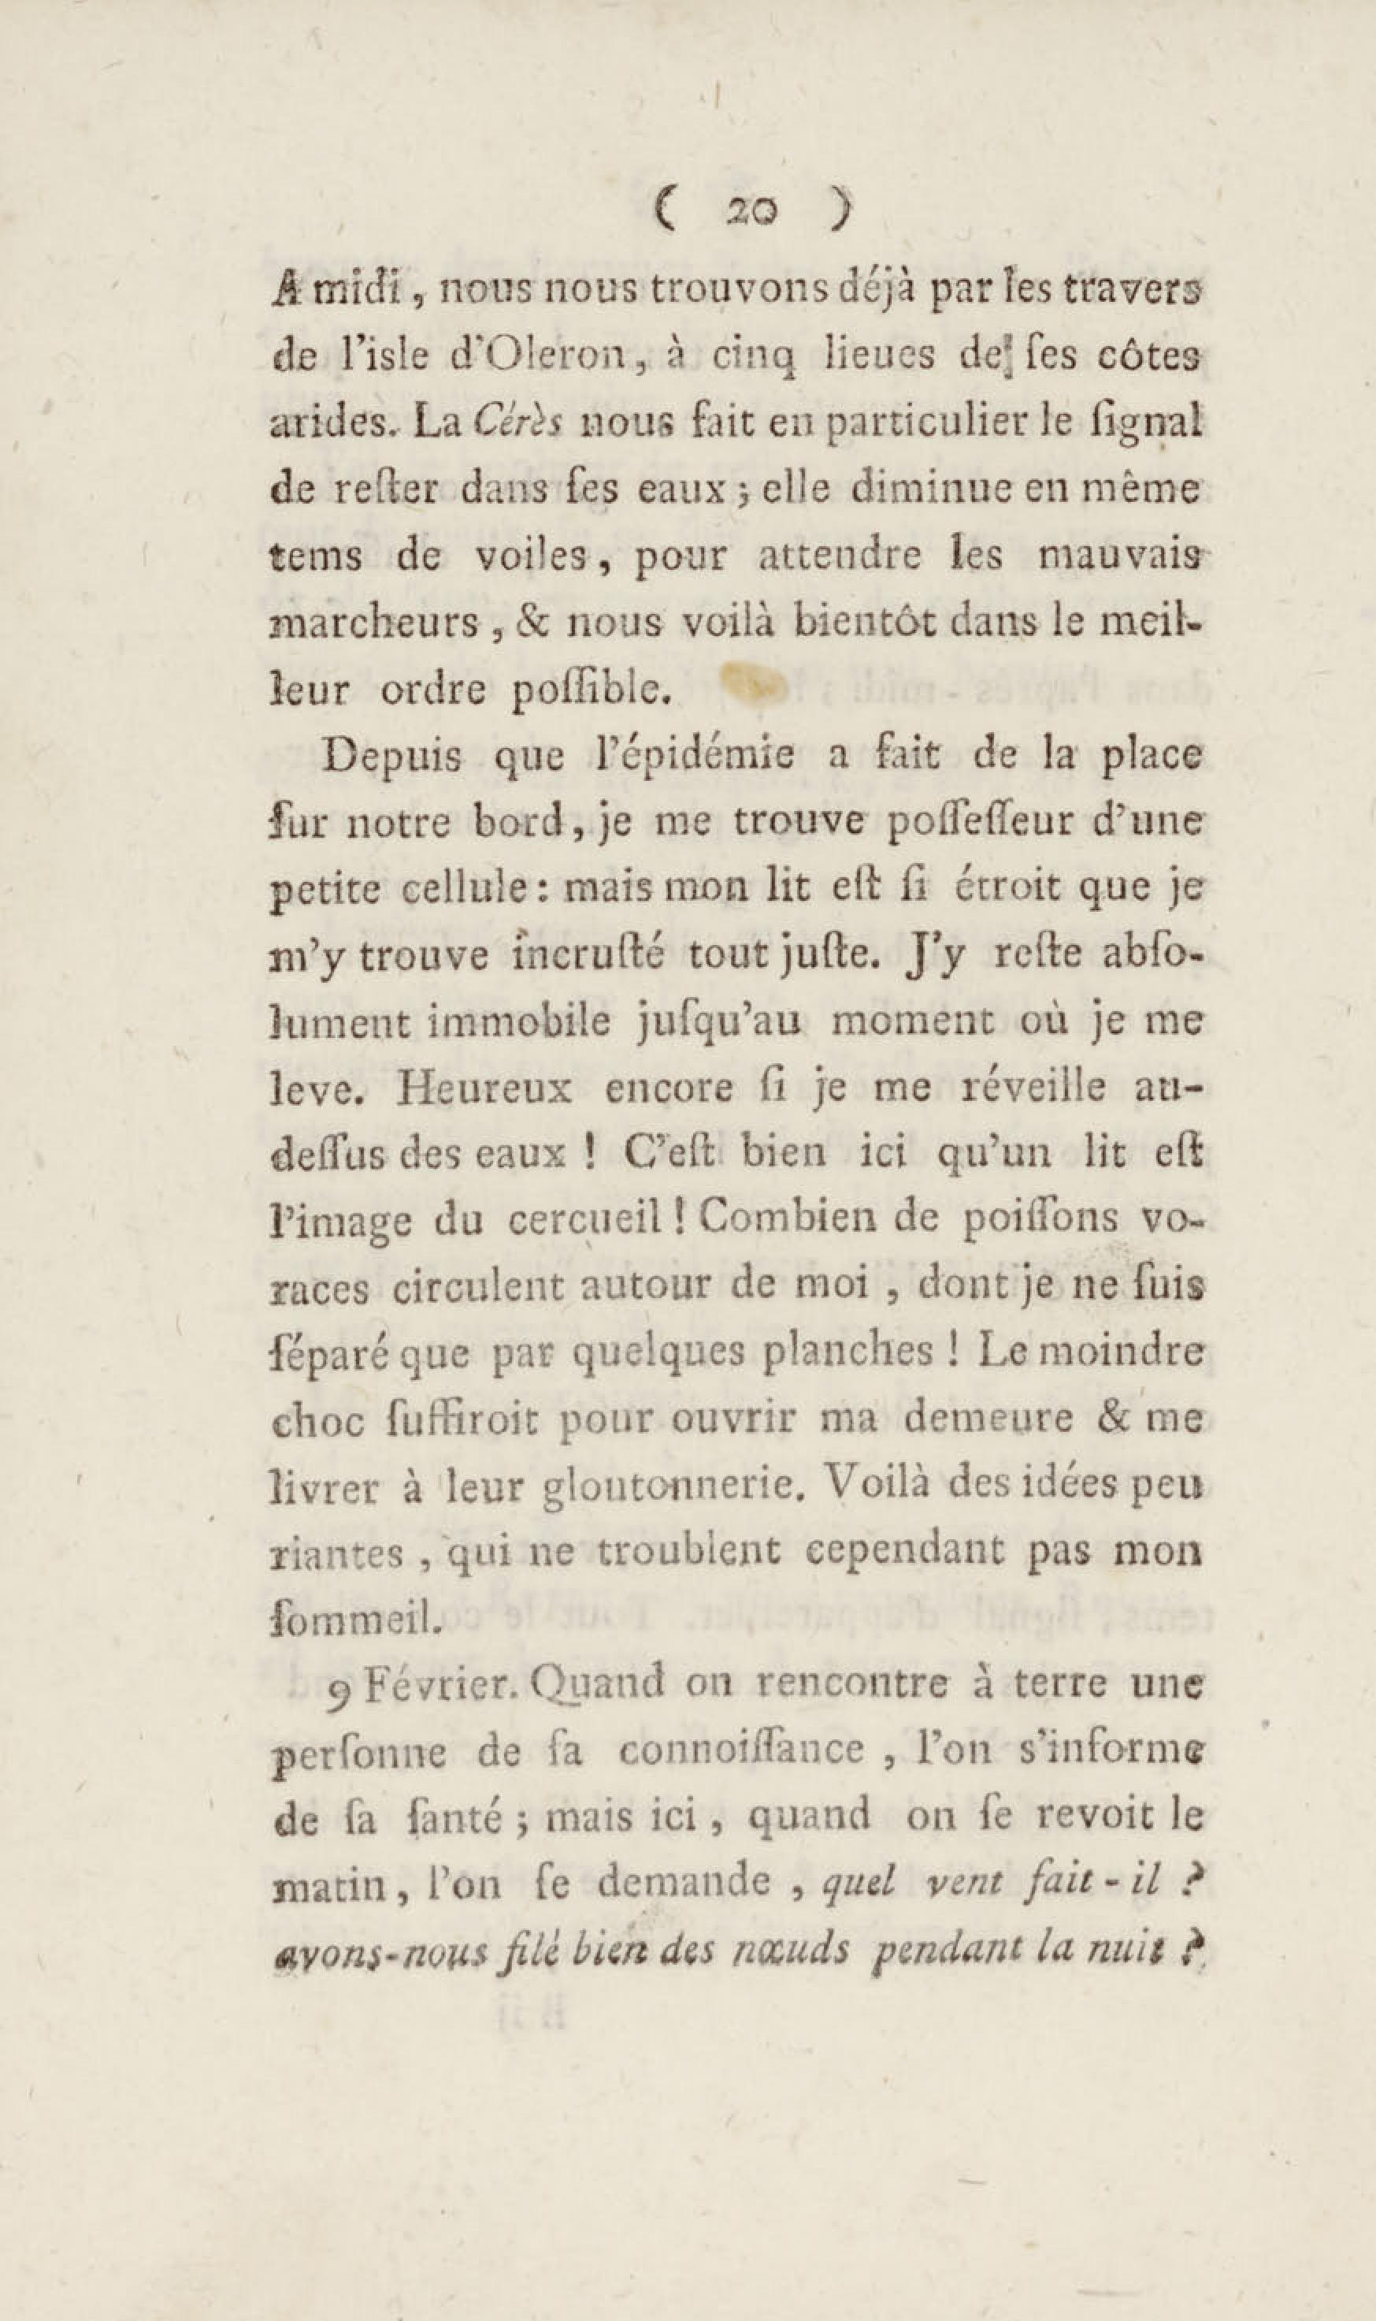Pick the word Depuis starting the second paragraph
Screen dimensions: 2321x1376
pyautogui.click(x=394, y=756)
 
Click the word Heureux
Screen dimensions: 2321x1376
pyautogui.click(x=484, y=1088)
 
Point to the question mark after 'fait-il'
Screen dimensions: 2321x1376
pyautogui.click(x=1194, y=1887)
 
